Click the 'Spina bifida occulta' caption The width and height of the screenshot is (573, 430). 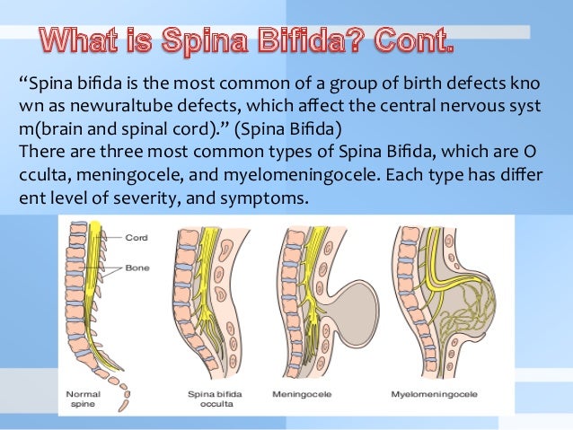click(x=212, y=399)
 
